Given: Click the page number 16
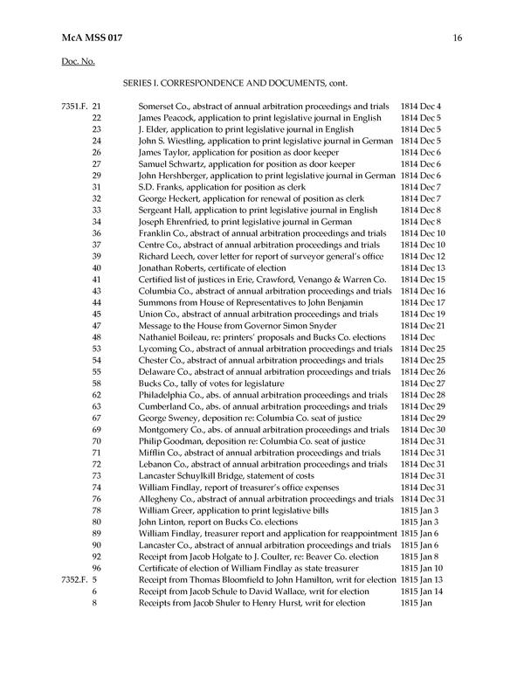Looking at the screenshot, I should (x=457, y=38).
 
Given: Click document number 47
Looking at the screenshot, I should (x=96, y=325).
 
